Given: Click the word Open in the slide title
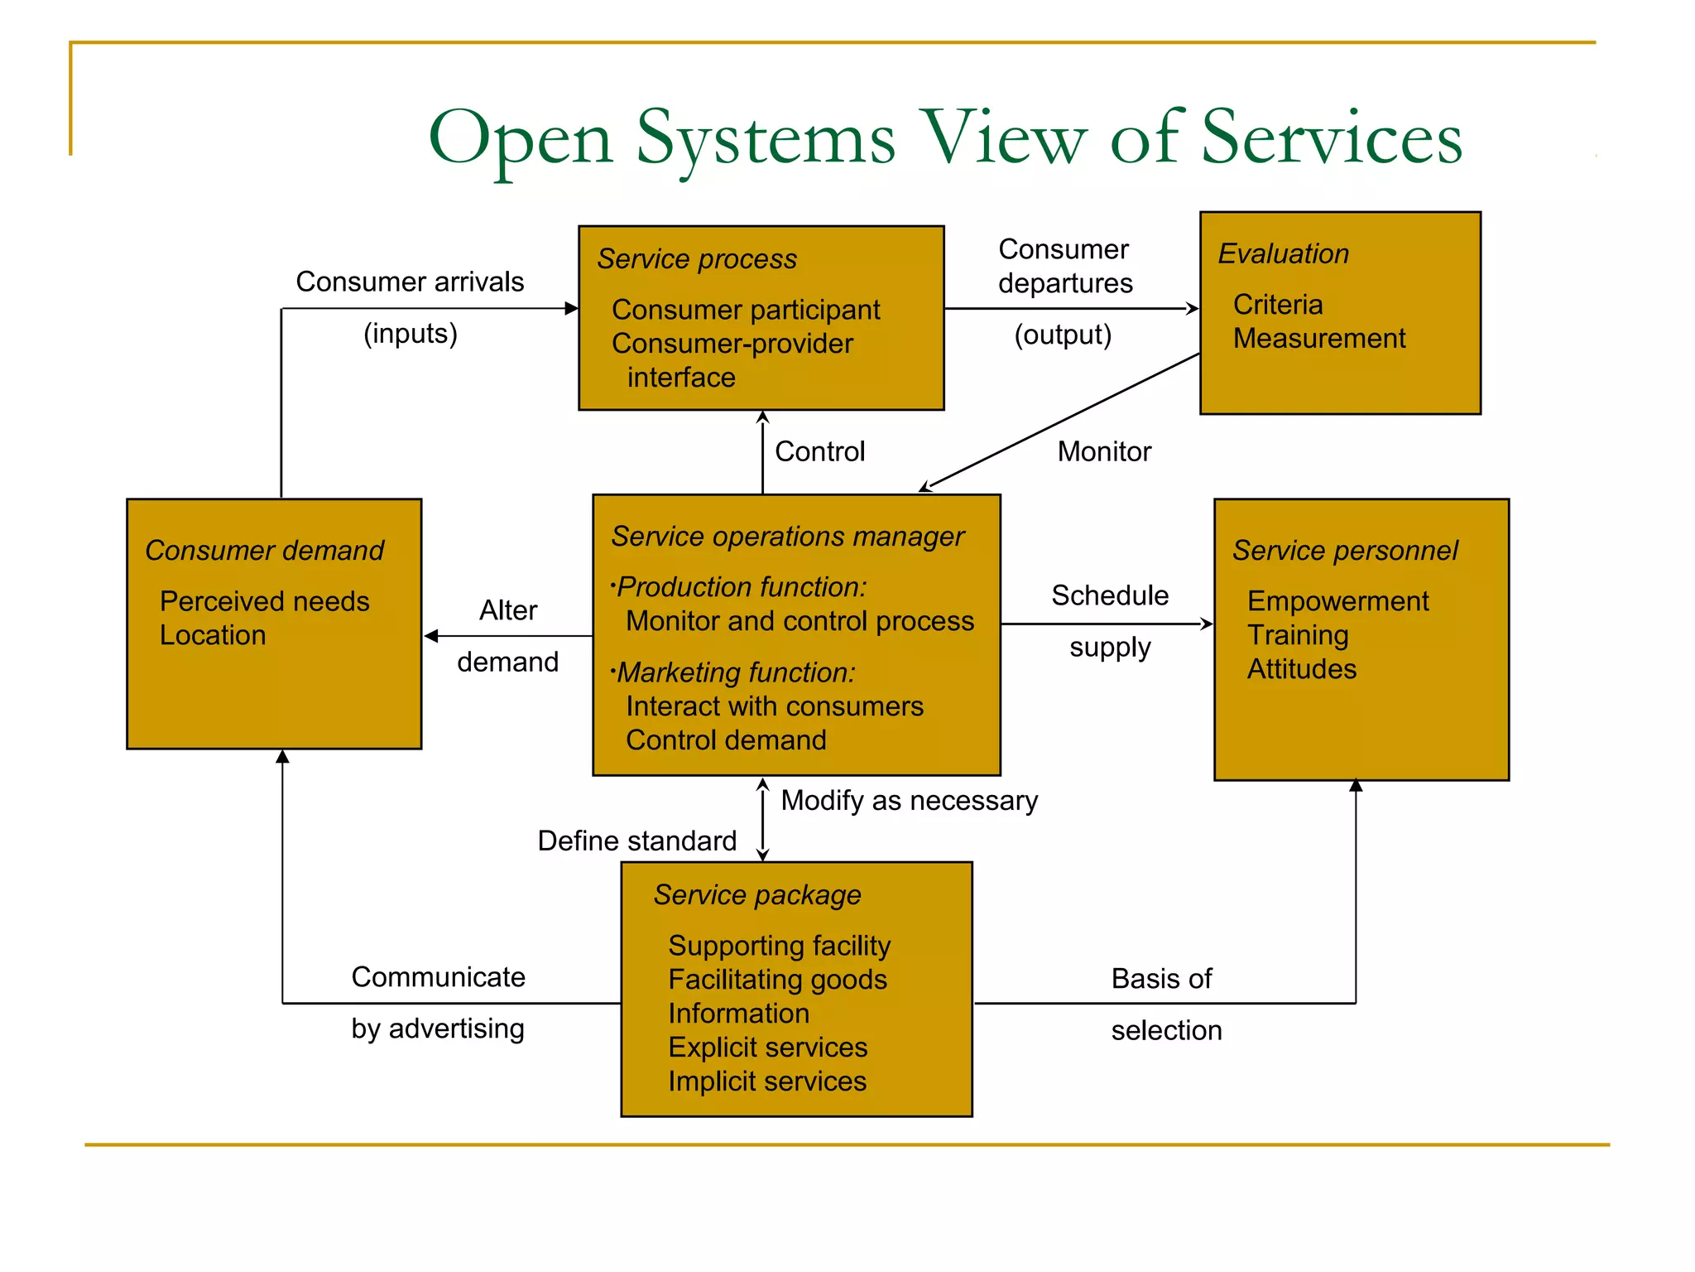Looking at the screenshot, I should pyautogui.click(x=520, y=139).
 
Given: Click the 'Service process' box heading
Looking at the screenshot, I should pyautogui.click(x=697, y=259).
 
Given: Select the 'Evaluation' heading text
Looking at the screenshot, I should pyautogui.click(x=1283, y=253).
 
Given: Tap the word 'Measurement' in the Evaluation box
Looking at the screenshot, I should pyautogui.click(x=1318, y=339).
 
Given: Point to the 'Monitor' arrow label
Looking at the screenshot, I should pyautogui.click(x=1103, y=451).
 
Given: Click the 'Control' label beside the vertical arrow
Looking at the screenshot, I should pyautogui.click(x=819, y=451).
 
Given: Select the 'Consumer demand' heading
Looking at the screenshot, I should pyautogui.click(x=264, y=551).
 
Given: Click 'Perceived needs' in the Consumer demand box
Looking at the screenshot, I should pyautogui.click(x=264, y=601).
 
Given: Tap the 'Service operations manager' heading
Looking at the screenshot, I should pyautogui.click(x=787, y=537).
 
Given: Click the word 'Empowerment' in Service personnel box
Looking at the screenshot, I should pyautogui.click(x=1337, y=601).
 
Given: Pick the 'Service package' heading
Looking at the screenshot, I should pyautogui.click(x=756, y=895).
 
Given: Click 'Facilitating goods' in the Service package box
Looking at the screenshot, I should pyautogui.click(x=777, y=980).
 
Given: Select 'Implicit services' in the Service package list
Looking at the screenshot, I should pyautogui.click(x=766, y=1082).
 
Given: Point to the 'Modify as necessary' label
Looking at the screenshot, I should pyautogui.click(x=909, y=801).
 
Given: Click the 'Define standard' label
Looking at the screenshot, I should pyautogui.click(x=636, y=841).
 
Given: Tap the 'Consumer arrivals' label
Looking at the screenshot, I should pyautogui.click(x=410, y=282).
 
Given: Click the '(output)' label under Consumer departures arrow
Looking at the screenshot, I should pyautogui.click(x=1063, y=335).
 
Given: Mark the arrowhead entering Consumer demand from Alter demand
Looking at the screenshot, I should pyautogui.click(x=430, y=636).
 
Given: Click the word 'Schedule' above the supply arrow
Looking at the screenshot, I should pyautogui.click(x=1109, y=595).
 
